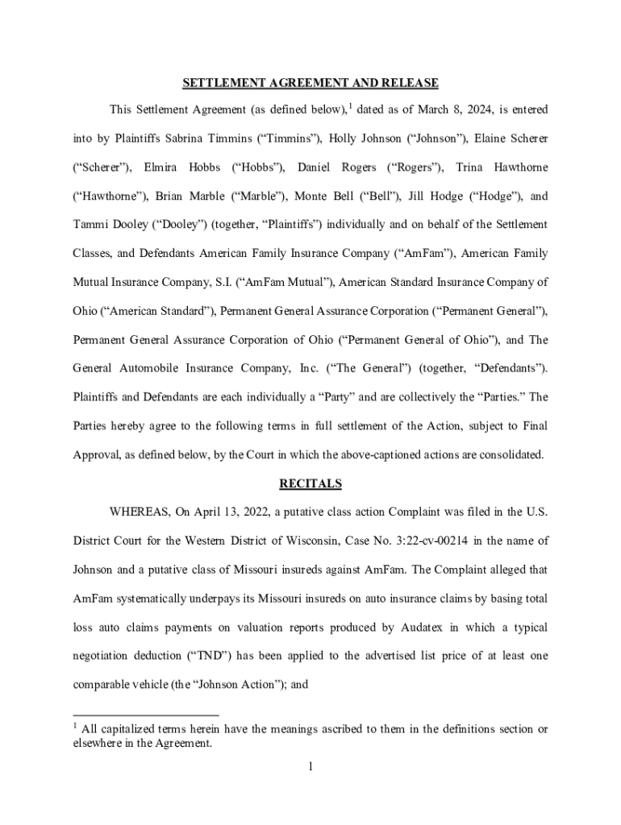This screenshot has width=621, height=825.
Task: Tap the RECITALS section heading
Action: pyautogui.click(x=310, y=483)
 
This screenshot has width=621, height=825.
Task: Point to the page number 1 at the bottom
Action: pyautogui.click(x=310, y=766)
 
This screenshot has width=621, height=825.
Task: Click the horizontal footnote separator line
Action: pyautogui.click(x=145, y=715)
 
